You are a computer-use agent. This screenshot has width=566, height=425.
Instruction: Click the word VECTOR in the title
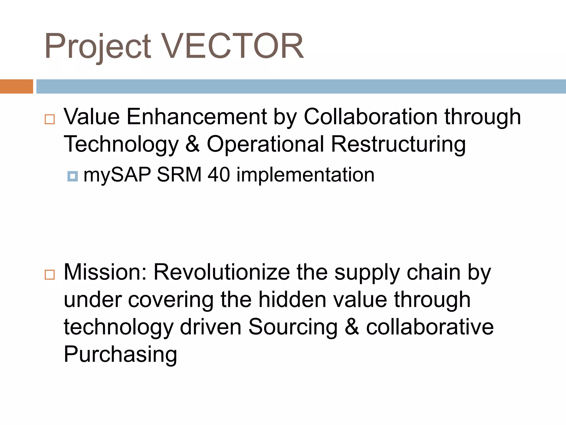232,46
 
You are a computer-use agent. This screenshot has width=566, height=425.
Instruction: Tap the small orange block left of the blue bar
16,86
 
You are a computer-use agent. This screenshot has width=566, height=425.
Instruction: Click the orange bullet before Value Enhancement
50,119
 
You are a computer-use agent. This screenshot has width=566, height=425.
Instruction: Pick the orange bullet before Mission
50,275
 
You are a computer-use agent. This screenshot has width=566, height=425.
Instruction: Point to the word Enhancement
196,117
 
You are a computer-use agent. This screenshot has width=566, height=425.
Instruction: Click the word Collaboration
371,117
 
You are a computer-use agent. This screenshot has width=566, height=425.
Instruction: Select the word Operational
265,144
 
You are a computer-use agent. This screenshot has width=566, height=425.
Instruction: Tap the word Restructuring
398,144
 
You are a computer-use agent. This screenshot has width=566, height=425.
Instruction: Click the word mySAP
117,175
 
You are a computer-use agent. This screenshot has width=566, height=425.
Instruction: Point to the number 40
219,175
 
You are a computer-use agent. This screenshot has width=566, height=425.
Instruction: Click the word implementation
305,175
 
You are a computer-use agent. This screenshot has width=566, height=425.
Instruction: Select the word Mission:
105,272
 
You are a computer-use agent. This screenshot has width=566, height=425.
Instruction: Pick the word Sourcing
293,327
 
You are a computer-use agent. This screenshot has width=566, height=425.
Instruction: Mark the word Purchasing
120,354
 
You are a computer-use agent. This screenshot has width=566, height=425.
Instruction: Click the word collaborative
430,327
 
